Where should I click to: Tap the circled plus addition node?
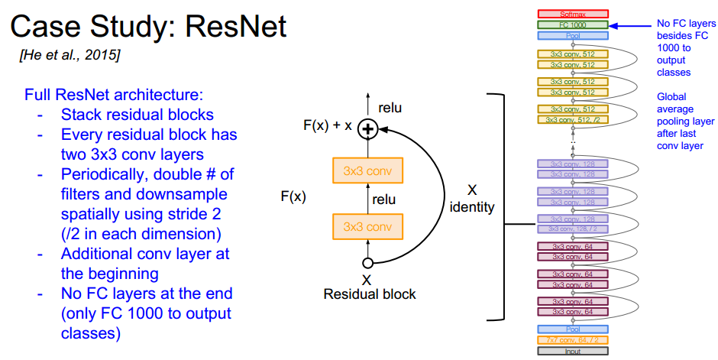pyautogui.click(x=368, y=129)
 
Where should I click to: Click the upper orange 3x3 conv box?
pyautogui.click(x=368, y=170)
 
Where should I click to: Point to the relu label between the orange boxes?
pyautogui.click(x=383, y=199)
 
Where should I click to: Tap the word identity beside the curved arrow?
pyautogui.click(x=473, y=206)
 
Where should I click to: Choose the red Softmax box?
pyautogui.click(x=573, y=14)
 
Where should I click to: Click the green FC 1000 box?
pyautogui.click(x=573, y=24)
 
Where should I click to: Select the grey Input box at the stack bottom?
pyautogui.click(x=573, y=351)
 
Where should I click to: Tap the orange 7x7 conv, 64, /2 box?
pyautogui.click(x=573, y=340)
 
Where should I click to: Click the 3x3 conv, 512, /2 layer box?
pyautogui.click(x=573, y=119)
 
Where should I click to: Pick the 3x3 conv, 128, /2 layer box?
pyautogui.click(x=573, y=229)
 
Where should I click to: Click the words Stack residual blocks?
pyautogui.click(x=137, y=116)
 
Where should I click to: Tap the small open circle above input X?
pyautogui.click(x=367, y=263)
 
